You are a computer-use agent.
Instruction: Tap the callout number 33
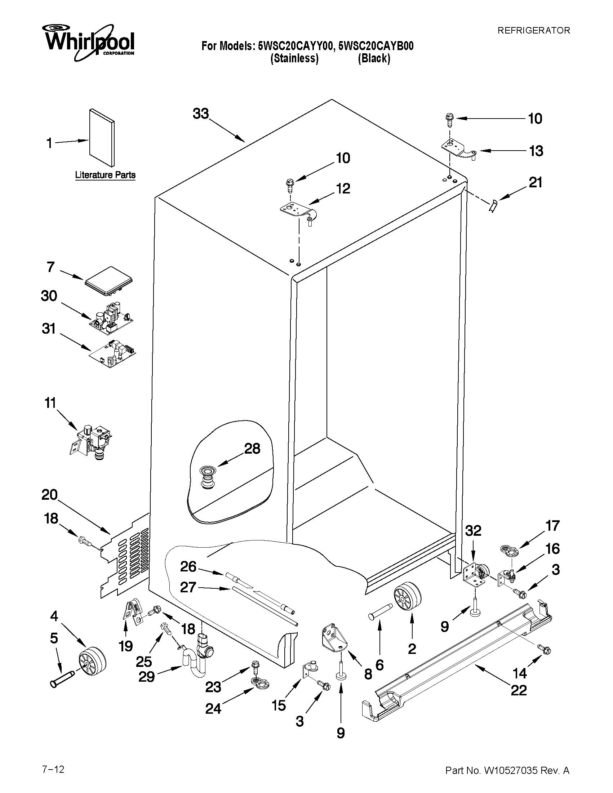201,113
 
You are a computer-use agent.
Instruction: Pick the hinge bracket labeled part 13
459,149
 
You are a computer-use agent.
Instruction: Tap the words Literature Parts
105,175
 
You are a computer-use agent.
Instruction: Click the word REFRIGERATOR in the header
533,31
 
